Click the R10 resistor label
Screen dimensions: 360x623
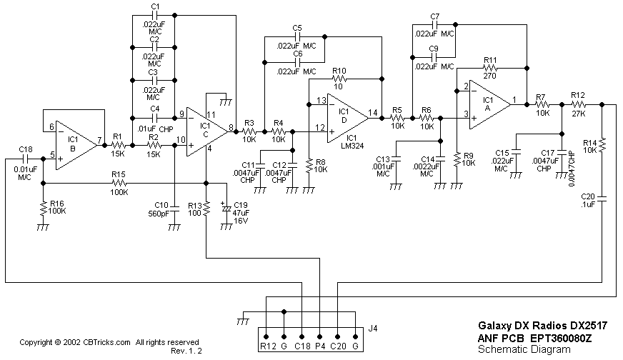(x=339, y=71)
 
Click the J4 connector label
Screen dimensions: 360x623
(x=372, y=329)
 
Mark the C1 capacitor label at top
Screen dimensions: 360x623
(x=155, y=6)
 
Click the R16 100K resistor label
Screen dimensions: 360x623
(x=56, y=207)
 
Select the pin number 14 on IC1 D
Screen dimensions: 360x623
(x=372, y=112)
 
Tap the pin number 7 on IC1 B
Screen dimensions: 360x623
(x=101, y=139)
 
